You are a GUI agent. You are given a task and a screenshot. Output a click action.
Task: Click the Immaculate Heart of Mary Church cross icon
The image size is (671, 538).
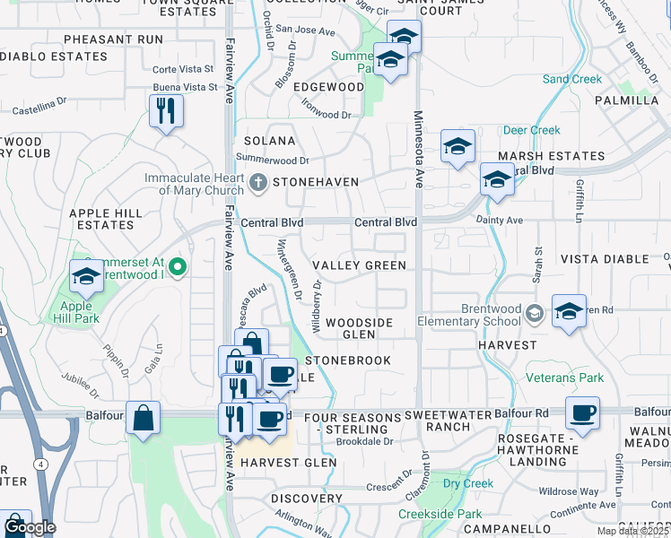(258, 183)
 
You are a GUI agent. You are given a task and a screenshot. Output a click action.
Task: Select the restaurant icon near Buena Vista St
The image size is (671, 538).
(166, 111)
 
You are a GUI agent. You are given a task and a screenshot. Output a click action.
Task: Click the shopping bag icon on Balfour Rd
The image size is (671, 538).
(143, 418)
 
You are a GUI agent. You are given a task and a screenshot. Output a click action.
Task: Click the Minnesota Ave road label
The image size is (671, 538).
(417, 149)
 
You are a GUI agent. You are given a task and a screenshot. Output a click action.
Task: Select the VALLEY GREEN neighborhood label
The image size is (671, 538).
(359, 265)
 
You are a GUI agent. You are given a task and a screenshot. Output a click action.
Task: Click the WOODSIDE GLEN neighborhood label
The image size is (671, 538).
(359, 328)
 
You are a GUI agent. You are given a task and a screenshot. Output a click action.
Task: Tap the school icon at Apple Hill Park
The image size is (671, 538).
(86, 278)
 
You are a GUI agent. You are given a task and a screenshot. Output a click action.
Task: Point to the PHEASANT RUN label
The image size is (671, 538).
(114, 39)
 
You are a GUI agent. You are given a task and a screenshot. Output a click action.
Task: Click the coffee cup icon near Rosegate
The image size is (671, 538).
(583, 413)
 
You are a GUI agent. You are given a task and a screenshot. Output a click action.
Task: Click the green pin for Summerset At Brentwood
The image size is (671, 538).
(178, 265)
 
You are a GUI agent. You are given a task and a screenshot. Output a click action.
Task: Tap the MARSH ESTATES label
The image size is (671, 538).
(551, 156)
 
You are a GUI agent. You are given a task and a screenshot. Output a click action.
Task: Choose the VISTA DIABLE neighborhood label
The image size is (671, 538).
(604, 259)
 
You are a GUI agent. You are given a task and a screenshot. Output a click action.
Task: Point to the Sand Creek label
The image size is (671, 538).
(571, 79)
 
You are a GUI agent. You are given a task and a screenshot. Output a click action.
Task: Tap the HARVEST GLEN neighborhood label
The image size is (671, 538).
(287, 462)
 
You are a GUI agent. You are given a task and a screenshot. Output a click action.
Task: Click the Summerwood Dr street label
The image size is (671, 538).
(272, 159)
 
